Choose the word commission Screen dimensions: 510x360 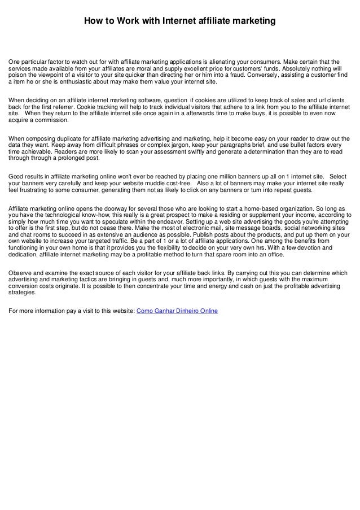[51, 120]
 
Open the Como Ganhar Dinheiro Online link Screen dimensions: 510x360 [177, 311]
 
